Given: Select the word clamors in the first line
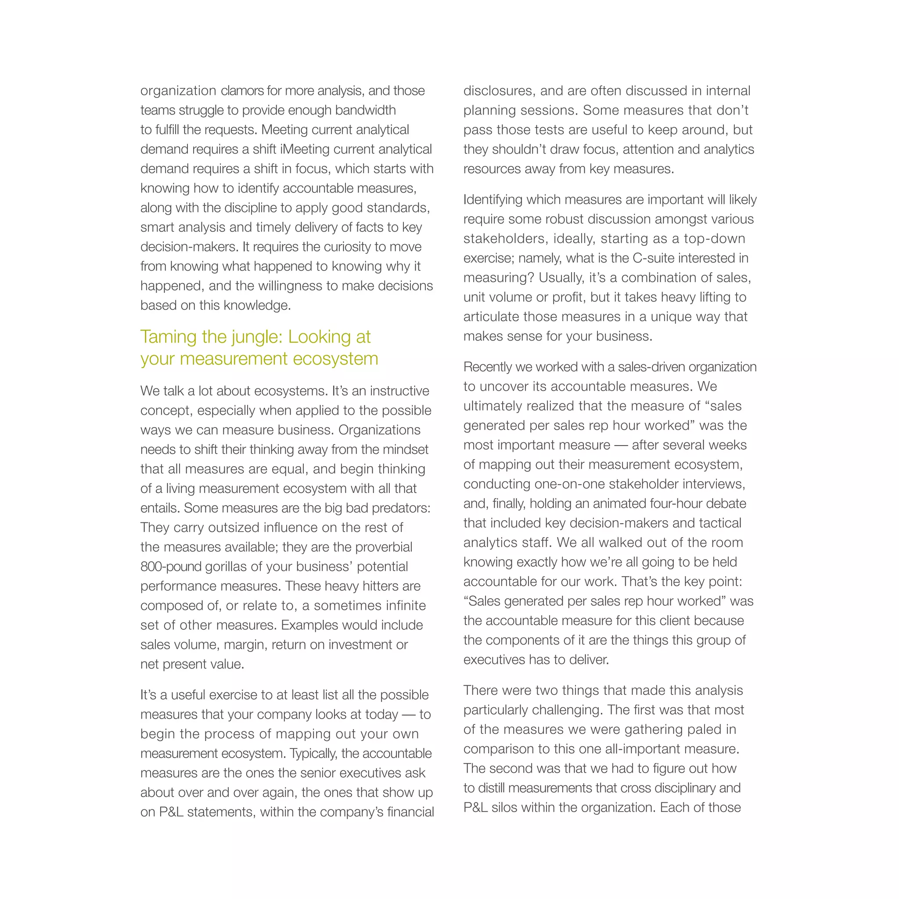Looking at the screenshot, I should coord(241,91).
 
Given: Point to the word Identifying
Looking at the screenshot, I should coord(498,200).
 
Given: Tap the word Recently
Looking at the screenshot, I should coord(488,367).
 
